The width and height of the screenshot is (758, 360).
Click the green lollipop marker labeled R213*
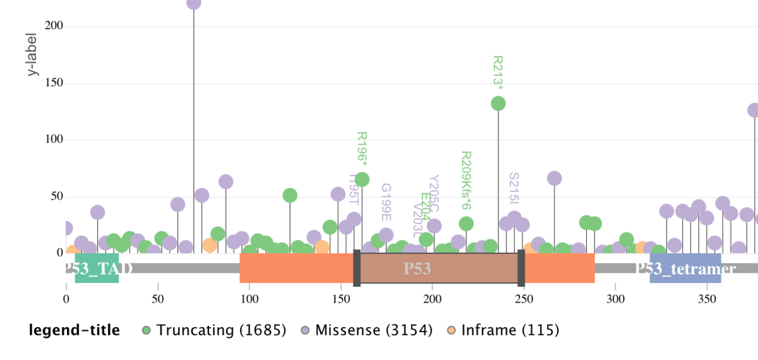[498, 104]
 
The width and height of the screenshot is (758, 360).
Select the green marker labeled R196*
[362, 179]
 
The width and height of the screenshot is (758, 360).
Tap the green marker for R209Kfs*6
[466, 224]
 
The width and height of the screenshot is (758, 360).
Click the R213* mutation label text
[498, 73]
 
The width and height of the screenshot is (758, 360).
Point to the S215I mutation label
[514, 188]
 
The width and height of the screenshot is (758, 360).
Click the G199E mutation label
[386, 202]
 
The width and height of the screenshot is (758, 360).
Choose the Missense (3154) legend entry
[367, 330]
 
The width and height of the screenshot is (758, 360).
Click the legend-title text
[74, 330]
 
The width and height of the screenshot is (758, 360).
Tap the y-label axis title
[32, 54]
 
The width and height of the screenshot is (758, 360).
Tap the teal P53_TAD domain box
[97, 268]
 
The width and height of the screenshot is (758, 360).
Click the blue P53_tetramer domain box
[685, 268]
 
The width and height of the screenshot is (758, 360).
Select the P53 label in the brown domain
[418, 268]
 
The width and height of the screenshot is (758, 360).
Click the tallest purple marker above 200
[194, 3]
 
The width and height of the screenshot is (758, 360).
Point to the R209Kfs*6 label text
[466, 180]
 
